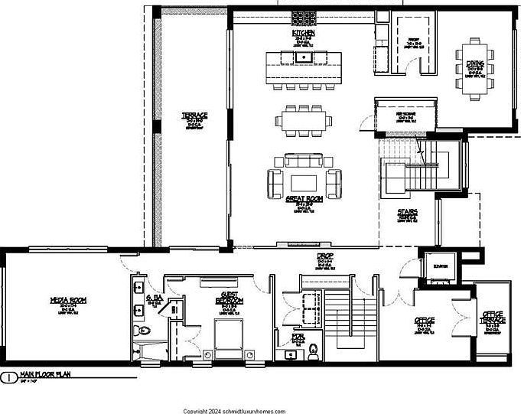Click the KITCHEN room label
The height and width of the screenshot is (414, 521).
point(304,34)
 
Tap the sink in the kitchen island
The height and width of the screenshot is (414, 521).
point(304,56)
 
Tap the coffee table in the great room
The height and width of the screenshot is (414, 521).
point(304,181)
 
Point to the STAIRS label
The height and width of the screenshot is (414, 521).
point(406,212)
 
